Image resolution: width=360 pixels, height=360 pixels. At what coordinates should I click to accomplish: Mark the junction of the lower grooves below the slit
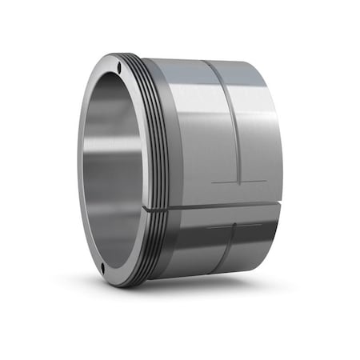pyautogui.click(x=232, y=226)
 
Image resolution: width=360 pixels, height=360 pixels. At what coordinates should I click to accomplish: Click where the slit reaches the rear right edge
pyautogui.click(x=280, y=206)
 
